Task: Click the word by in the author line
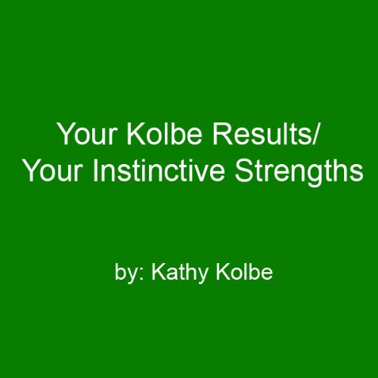coord(123,271)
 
